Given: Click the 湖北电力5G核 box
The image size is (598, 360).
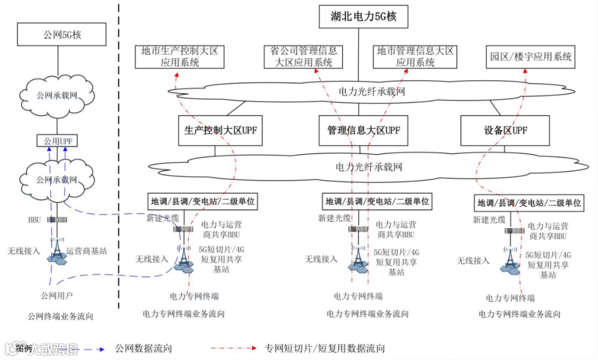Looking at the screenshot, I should point(363,17).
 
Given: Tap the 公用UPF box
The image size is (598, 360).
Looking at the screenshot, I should point(58,141).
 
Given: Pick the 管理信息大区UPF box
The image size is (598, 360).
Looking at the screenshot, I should point(363,131).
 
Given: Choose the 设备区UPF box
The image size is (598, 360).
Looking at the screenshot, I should point(505,131).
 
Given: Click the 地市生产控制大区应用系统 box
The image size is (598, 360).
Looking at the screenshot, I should point(180,56).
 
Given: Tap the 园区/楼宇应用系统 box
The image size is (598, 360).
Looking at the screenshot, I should point(530,56).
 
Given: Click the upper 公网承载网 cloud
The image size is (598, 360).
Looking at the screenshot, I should point(57,95).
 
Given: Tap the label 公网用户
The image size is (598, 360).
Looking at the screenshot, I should point(57,294).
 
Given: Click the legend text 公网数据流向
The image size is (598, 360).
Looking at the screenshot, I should point(143,348).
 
